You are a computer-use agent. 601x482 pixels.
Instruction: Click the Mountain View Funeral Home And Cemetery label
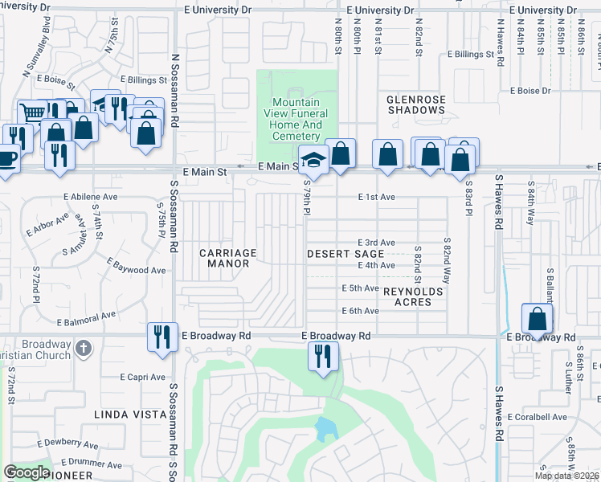click(x=296, y=120)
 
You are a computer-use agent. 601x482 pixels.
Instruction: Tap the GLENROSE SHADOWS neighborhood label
click(x=415, y=104)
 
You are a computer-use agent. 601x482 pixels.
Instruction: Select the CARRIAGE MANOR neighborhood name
click(x=228, y=258)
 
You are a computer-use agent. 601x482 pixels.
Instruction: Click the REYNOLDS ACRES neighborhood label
click(x=413, y=296)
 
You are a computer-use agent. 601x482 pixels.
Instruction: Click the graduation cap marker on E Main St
click(x=313, y=159)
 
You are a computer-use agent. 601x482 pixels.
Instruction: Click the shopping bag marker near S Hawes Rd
click(x=537, y=319)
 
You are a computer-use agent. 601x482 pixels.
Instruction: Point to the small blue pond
click(x=325, y=431)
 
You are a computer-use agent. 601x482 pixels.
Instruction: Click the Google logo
click(x=27, y=473)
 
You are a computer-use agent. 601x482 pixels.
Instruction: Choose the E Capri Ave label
click(x=142, y=377)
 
